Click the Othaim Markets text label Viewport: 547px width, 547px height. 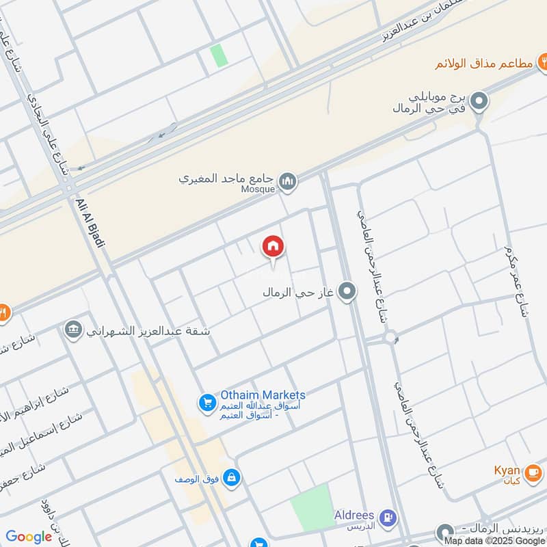263,395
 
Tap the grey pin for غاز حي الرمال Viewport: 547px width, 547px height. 347,292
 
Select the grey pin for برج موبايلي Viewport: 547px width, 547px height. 480,103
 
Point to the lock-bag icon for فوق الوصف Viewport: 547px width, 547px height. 232,477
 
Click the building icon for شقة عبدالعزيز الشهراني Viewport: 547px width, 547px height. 72,330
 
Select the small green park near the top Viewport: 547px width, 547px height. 219,55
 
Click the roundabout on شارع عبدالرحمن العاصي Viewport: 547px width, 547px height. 391,337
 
